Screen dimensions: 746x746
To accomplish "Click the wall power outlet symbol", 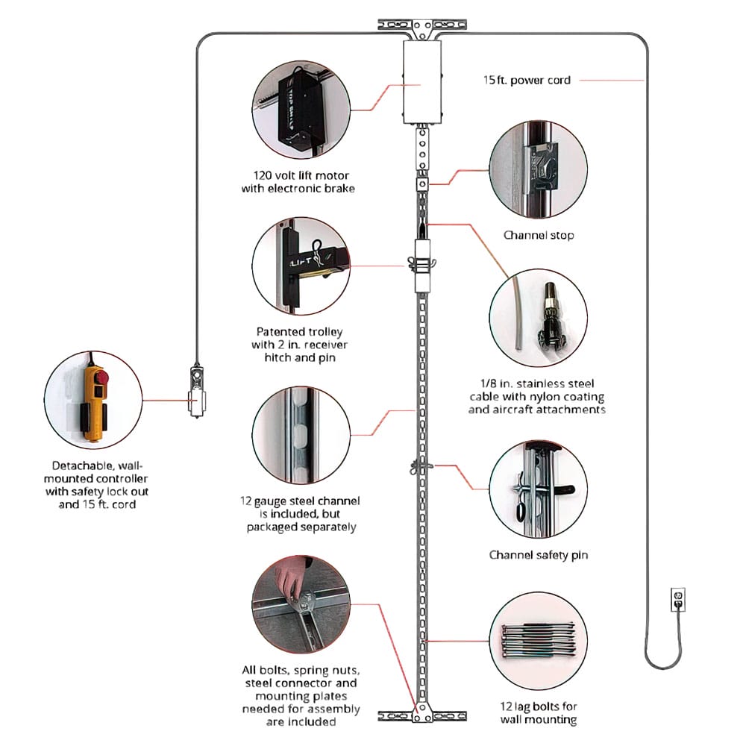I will click(677, 598).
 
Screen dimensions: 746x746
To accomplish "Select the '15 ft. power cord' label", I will click(526, 80).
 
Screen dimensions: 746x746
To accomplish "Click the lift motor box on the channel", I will click(421, 82).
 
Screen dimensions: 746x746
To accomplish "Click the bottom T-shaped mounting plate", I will click(421, 715).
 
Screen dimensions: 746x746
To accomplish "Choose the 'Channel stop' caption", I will click(538, 235).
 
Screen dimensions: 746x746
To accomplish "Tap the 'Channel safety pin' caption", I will click(538, 555).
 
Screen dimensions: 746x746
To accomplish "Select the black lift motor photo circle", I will click(301, 110).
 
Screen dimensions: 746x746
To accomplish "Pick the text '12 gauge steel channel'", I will click(301, 500).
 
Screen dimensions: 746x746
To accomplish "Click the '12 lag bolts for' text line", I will click(538, 706).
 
